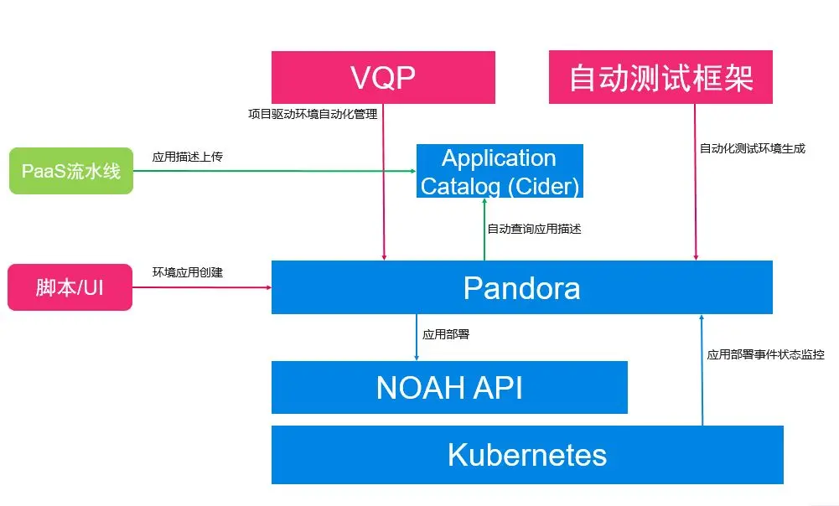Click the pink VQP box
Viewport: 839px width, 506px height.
coord(383,78)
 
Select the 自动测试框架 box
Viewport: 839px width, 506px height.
coord(660,77)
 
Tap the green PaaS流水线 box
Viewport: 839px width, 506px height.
coord(71,171)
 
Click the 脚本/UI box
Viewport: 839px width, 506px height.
coord(70,287)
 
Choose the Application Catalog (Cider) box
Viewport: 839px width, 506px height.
coord(500,171)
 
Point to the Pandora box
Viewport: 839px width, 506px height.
coord(522,287)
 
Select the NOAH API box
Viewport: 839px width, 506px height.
coord(449,387)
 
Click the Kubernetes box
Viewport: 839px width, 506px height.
coord(527,455)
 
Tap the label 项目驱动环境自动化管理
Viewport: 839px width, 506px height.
coord(313,114)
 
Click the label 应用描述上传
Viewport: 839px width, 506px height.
coord(187,157)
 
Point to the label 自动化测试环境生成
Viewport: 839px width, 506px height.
coord(753,148)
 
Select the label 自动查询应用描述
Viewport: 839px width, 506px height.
coord(534,229)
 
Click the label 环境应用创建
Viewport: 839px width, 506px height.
coord(187,272)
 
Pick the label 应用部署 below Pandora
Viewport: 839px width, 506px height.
coord(446,334)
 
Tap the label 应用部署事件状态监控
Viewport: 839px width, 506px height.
coord(766,354)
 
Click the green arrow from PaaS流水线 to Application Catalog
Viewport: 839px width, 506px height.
coord(274,171)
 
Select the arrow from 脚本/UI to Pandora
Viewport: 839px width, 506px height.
coord(202,287)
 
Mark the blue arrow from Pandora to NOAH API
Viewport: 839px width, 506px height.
coord(417,338)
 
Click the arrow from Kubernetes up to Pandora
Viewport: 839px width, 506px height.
coord(702,370)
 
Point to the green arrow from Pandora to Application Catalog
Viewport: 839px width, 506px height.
coord(484,230)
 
